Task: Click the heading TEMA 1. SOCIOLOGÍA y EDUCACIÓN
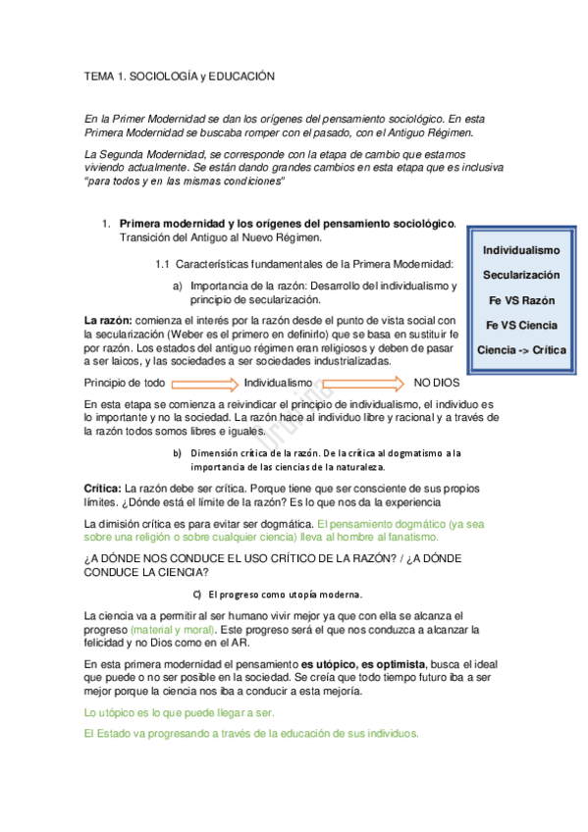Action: pyautogui.click(x=180, y=76)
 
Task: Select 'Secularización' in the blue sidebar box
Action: pyautogui.click(x=520, y=276)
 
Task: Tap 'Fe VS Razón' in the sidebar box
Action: pyautogui.click(x=520, y=300)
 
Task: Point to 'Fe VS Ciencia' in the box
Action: pyautogui.click(x=520, y=325)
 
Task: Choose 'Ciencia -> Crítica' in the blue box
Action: pyautogui.click(x=520, y=350)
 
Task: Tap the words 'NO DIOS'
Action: pyautogui.click(x=436, y=382)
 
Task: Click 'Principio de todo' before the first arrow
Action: pyautogui.click(x=125, y=382)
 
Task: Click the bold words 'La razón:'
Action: pyautogui.click(x=108, y=320)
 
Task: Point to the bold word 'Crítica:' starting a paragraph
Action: pyautogui.click(x=103, y=488)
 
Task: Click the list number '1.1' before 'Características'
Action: pyautogui.click(x=163, y=264)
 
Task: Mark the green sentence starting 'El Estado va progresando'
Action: pyautogui.click(x=252, y=734)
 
